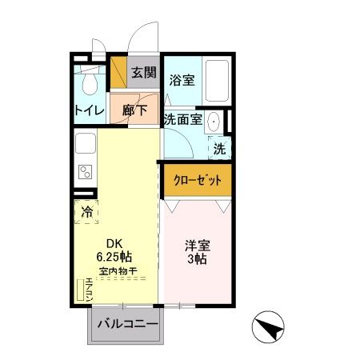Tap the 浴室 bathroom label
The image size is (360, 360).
point(182,80)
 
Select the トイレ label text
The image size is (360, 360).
point(87,110)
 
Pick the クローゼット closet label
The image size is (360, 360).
point(198,179)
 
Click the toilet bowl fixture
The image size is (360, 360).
point(90,82)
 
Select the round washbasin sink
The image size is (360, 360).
point(214,122)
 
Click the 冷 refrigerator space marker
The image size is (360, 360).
point(86,212)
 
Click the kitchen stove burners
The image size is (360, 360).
point(84,171)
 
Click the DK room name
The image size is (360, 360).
point(115,245)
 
